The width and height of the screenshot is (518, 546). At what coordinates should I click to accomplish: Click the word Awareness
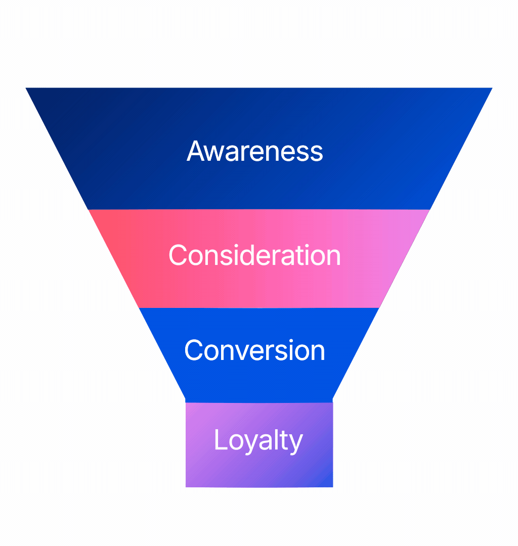(255, 151)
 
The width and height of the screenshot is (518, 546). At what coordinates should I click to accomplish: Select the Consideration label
(254, 255)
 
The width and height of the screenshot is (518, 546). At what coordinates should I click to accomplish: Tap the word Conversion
(254, 350)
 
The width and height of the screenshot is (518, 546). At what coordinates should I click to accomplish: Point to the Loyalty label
(258, 440)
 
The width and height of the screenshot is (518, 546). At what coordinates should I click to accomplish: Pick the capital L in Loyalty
(219, 440)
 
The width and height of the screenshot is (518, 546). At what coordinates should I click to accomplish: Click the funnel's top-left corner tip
(26, 88)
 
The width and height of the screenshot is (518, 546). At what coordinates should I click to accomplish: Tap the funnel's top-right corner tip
(492, 88)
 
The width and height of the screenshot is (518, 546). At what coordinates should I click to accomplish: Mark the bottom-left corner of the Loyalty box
(186, 487)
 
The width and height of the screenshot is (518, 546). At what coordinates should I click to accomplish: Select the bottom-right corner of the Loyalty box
(333, 487)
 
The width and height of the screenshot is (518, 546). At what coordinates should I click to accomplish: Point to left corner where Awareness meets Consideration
(89, 209)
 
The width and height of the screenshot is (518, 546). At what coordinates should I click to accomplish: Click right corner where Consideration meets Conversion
(379, 307)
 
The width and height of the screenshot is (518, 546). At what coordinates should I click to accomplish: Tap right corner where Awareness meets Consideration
(430, 209)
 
